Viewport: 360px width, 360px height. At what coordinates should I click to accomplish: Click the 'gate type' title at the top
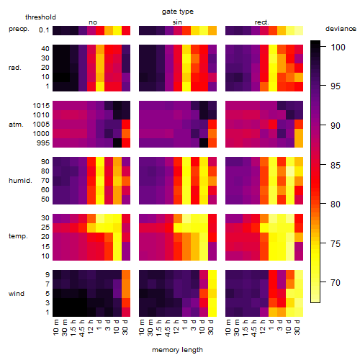178,12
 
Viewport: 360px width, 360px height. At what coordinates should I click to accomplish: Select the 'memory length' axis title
177,350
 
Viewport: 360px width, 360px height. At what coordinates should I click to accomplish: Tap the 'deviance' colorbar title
341,29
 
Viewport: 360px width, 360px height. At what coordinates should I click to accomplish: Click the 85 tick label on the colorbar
336,165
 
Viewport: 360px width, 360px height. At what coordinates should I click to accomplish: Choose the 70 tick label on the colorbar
336,282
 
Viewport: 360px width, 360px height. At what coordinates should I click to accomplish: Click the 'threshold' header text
40,17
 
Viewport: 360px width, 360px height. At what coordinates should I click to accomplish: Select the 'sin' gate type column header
177,22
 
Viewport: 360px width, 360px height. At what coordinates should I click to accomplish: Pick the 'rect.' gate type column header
261,22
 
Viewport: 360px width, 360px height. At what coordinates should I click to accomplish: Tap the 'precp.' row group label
19,29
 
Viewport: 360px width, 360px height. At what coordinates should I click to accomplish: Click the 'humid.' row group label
20,180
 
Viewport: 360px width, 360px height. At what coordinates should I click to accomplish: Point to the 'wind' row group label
17,293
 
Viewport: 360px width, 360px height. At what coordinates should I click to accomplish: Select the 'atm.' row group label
16,125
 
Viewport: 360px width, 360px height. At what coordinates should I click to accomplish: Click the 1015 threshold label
41,105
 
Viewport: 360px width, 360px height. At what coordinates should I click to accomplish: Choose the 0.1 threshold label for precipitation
44,30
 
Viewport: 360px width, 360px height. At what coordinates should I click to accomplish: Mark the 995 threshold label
43,143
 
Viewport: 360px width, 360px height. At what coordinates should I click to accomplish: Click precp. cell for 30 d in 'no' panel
126,30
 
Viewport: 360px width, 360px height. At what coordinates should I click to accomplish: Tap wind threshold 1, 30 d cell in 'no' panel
126,312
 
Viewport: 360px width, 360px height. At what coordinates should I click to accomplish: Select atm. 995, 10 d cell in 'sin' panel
204,143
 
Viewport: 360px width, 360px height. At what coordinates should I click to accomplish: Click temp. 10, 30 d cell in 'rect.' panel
299,256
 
